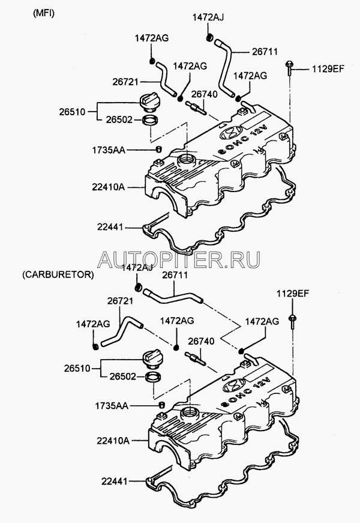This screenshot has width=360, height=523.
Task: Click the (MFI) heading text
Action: pos(44,13)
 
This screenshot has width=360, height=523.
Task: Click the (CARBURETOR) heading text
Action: pos(58,274)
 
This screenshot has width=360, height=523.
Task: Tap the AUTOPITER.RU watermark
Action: pos(179,259)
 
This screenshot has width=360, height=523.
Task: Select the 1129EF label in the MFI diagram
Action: pos(328,69)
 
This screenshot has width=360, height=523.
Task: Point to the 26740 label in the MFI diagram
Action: pos(205,94)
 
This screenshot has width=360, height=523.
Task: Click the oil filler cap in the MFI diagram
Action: pos(148,101)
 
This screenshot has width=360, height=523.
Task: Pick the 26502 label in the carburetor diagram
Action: pos(123,376)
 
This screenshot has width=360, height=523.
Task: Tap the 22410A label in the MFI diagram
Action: pos(109,187)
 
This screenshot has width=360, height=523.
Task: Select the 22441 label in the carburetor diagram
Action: pos(115,482)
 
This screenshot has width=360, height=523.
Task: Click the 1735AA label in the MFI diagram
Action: pos(109,150)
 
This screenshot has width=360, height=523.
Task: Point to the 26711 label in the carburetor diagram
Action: pos(175,275)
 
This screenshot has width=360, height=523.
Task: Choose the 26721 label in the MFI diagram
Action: pos(125,82)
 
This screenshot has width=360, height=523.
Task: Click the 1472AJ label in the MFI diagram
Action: pos(208,17)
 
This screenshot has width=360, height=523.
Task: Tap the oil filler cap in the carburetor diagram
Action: pos(152,358)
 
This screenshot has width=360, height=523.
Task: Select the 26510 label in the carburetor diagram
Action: pos(77,368)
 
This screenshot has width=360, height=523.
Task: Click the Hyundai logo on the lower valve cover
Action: pos(233,386)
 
